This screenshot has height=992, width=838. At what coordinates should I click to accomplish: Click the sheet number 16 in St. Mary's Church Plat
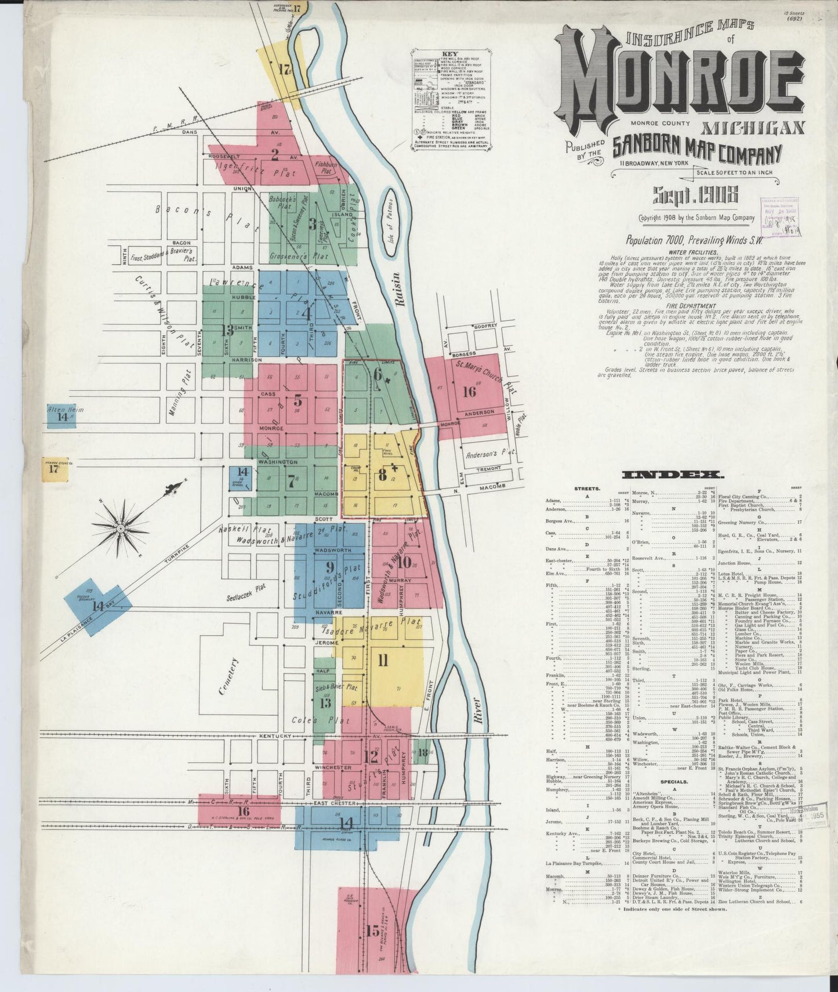[x=469, y=392]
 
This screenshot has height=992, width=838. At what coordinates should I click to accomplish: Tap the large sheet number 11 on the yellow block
[x=383, y=661]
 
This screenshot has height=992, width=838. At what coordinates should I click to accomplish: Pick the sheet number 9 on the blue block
[x=329, y=568]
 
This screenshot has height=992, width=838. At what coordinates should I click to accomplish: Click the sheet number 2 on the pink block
[x=275, y=154]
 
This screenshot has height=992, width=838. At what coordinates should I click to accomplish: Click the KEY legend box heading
[x=450, y=54]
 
